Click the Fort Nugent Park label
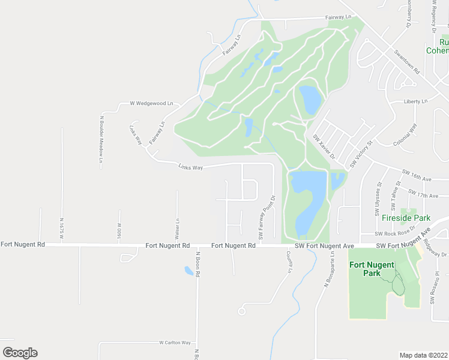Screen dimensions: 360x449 pyautogui.click(x=372, y=269)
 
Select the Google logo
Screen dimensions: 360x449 pyautogui.click(x=20, y=353)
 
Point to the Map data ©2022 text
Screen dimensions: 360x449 pyautogui.click(x=423, y=355)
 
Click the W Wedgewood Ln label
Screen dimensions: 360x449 pyautogui.click(x=151, y=103)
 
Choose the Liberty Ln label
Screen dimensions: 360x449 pyautogui.click(x=415, y=101)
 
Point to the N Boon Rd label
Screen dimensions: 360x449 pyautogui.click(x=196, y=264)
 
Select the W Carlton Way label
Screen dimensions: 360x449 pyautogui.click(x=175, y=343)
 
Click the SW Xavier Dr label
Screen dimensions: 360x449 pyautogui.click(x=323, y=146)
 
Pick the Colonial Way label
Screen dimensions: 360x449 pyautogui.click(x=405, y=136)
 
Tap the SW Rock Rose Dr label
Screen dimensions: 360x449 pyautogui.click(x=395, y=233)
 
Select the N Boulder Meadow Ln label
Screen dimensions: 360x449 pyautogui.click(x=101, y=137)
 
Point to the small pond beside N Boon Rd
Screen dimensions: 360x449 pyautogui.click(x=188, y=271)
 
